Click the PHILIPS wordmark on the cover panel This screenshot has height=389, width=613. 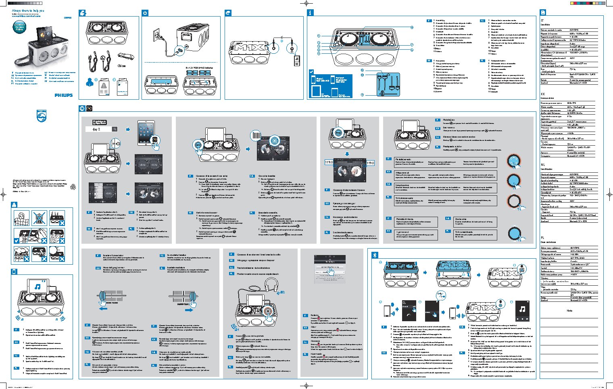tap(64, 95)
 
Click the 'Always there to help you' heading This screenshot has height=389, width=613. tap(28, 11)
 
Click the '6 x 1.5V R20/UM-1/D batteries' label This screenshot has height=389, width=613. tap(199, 68)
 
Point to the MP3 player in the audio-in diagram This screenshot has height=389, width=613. tap(296, 61)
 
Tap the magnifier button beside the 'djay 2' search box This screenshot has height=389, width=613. tap(115, 129)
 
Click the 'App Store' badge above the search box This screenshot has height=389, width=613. tap(100, 122)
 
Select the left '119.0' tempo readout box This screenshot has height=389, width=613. tap(329, 163)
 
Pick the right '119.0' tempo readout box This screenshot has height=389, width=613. tap(370, 163)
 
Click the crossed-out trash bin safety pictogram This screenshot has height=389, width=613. tap(39, 218)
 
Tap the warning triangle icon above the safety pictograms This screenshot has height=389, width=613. tap(14, 205)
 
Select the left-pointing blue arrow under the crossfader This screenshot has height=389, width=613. tap(103, 309)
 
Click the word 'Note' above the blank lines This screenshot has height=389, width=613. tap(569, 311)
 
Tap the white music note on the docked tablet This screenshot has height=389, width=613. tap(37, 287)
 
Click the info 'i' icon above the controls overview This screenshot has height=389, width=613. tap(310, 13)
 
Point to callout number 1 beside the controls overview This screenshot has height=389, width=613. tap(318, 36)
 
